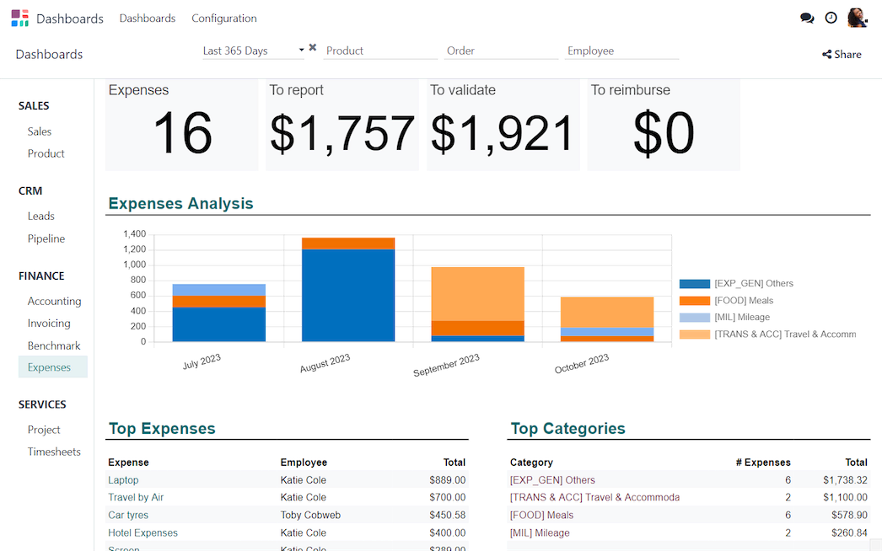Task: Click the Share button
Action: pos(842,55)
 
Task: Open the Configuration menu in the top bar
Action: pos(224,19)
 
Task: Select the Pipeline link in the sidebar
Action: pos(46,238)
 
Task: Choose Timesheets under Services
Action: pos(54,452)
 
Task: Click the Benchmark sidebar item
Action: pos(54,345)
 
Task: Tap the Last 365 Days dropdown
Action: pos(253,51)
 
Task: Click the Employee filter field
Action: pos(621,51)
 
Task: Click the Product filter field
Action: pos(380,51)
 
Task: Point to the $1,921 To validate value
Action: pos(503,133)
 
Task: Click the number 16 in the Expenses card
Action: pos(182,133)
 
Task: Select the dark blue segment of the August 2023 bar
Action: pos(348,295)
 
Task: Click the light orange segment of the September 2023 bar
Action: pos(477,293)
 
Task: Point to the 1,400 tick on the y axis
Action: pos(134,234)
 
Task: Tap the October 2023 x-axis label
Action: pos(582,364)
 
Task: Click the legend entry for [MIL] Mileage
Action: pos(741,318)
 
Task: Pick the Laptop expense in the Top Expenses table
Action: pos(123,480)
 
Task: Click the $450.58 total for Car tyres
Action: pos(447,515)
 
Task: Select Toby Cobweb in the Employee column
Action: pos(310,515)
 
